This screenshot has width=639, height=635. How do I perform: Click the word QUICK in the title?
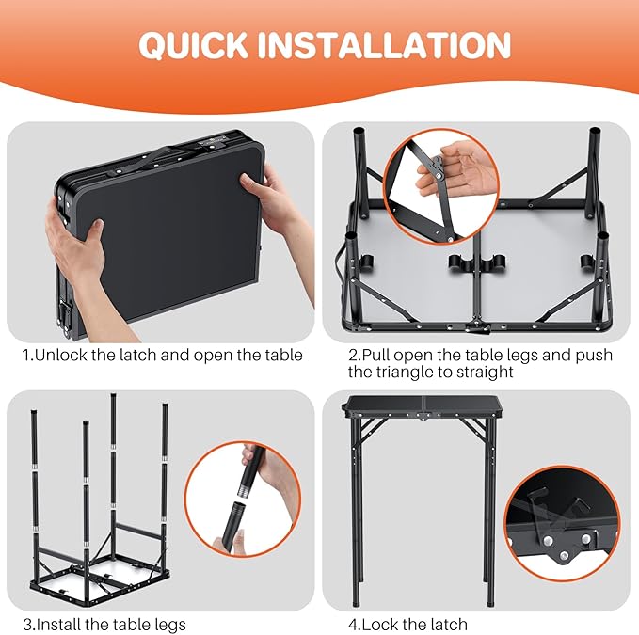pos(193,45)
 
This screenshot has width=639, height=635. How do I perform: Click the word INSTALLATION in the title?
pos(383,45)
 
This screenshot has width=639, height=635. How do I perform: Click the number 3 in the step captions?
pos(27,625)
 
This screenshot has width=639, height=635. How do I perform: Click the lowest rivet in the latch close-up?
pos(564,555)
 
